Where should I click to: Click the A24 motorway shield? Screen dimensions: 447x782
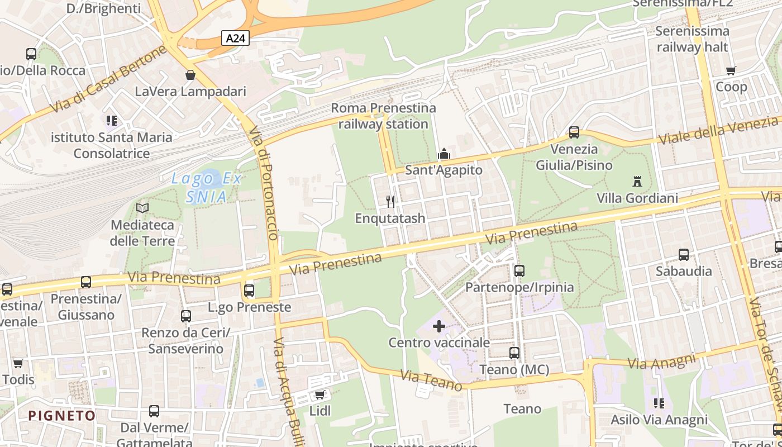235,38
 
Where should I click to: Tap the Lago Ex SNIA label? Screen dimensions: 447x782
206,188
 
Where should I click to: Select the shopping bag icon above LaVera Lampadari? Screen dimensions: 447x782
190,75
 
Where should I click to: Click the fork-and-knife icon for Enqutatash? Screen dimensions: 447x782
390,201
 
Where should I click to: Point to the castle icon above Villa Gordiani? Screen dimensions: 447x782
637,181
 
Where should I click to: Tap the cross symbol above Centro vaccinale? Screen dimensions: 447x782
439,326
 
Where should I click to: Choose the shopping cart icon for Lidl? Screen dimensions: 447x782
320,395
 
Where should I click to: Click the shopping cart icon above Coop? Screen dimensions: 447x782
731,70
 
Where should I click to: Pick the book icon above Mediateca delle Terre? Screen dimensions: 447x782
142,208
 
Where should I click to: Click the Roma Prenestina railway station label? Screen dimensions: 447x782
383,116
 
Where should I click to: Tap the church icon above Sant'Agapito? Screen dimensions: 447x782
444,154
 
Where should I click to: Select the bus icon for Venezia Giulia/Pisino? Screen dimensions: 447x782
574,132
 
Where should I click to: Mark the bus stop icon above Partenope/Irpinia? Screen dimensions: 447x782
519,271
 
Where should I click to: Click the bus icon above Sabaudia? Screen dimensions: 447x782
683,255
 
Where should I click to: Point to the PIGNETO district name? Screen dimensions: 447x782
62,416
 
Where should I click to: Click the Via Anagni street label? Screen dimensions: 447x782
661,362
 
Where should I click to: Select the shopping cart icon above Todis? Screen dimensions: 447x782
18,364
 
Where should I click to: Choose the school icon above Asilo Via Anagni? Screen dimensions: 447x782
659,403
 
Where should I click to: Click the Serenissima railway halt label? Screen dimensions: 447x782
692,39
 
